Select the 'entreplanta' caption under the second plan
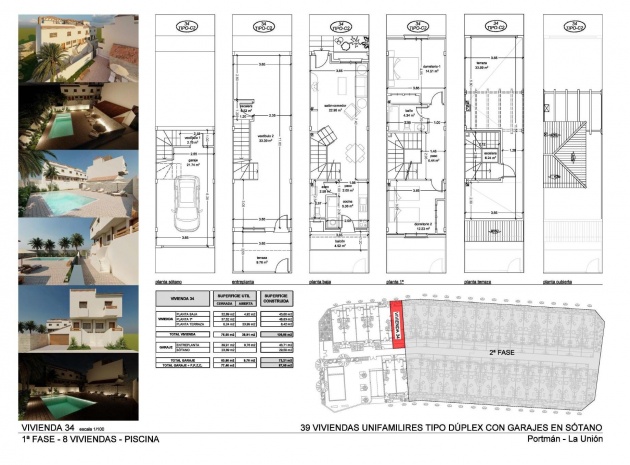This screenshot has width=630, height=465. tap(244, 283)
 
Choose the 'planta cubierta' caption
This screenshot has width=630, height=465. tap(557, 283)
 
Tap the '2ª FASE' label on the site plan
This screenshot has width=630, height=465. tap(503, 352)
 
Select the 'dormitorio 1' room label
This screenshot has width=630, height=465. tap(432, 68)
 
